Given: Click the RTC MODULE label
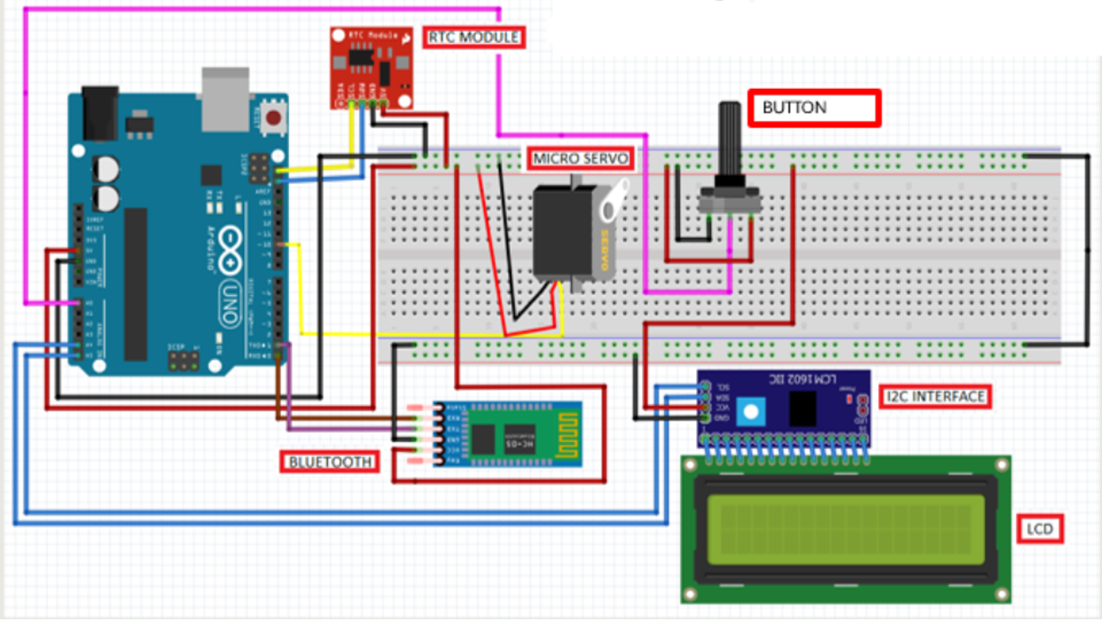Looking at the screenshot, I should [x=475, y=37].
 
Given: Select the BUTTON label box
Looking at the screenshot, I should [x=815, y=108].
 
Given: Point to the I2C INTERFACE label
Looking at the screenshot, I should [x=935, y=396].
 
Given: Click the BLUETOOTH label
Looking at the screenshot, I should [x=330, y=462].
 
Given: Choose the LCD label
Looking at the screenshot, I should [x=1040, y=529].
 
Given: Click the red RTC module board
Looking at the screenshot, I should [x=371, y=67].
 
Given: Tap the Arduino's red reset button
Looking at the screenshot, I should [x=274, y=118].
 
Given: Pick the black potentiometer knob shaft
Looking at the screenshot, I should [x=730, y=141].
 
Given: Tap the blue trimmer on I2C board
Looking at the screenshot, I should [x=751, y=412].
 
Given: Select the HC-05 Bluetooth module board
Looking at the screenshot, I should [x=507, y=434].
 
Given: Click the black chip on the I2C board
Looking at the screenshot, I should [x=803, y=409].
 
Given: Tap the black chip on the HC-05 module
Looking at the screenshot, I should [x=483, y=437].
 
